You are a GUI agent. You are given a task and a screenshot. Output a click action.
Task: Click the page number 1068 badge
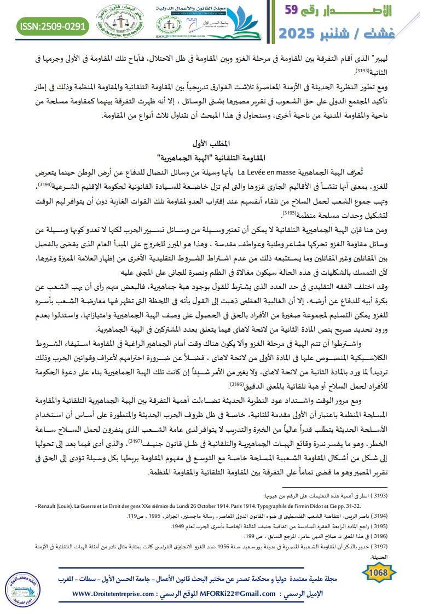(379, 573)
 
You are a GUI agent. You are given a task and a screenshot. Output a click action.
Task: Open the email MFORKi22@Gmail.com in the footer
(231, 594)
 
